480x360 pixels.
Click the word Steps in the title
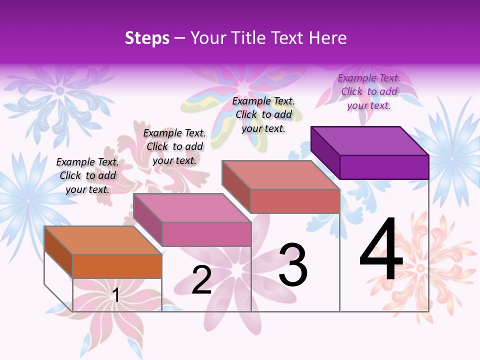(147, 38)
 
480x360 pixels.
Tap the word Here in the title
(328, 38)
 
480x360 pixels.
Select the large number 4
(381, 250)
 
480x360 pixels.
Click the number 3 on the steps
(293, 264)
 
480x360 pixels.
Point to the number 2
(201, 280)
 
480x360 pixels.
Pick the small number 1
(116, 295)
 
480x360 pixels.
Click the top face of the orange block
(103, 240)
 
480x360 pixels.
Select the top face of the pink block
(192, 207)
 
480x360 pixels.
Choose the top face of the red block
(281, 174)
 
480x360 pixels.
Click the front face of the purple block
(384, 167)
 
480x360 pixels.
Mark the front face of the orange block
(117, 266)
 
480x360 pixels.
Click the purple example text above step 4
(369, 91)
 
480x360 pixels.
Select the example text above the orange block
(87, 175)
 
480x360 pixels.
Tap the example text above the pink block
(174, 146)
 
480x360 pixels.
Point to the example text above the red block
(263, 114)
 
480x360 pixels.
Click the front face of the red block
(295, 201)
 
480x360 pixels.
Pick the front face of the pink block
(206, 234)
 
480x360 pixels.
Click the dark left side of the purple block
(325, 152)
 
